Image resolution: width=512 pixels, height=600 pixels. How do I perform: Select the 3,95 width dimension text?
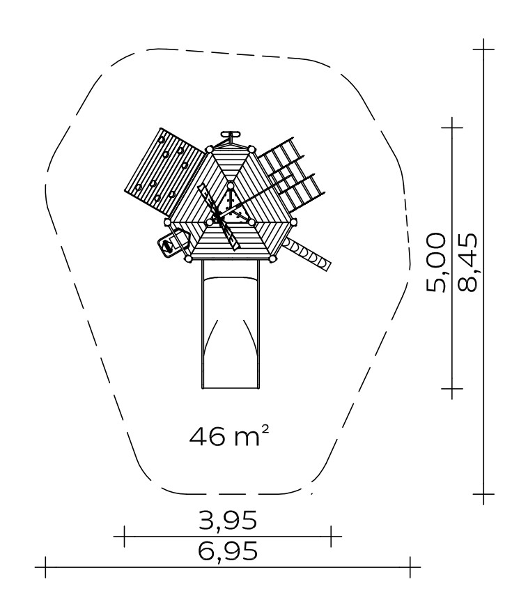(228, 521)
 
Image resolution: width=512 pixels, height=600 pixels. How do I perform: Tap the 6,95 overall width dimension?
(228, 551)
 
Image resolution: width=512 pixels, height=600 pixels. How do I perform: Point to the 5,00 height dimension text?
(436, 263)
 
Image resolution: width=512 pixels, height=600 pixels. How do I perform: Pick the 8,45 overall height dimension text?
(467, 263)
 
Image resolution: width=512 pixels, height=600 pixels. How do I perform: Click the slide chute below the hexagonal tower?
(231, 324)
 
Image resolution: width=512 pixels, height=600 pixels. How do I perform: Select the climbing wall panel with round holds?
(165, 171)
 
